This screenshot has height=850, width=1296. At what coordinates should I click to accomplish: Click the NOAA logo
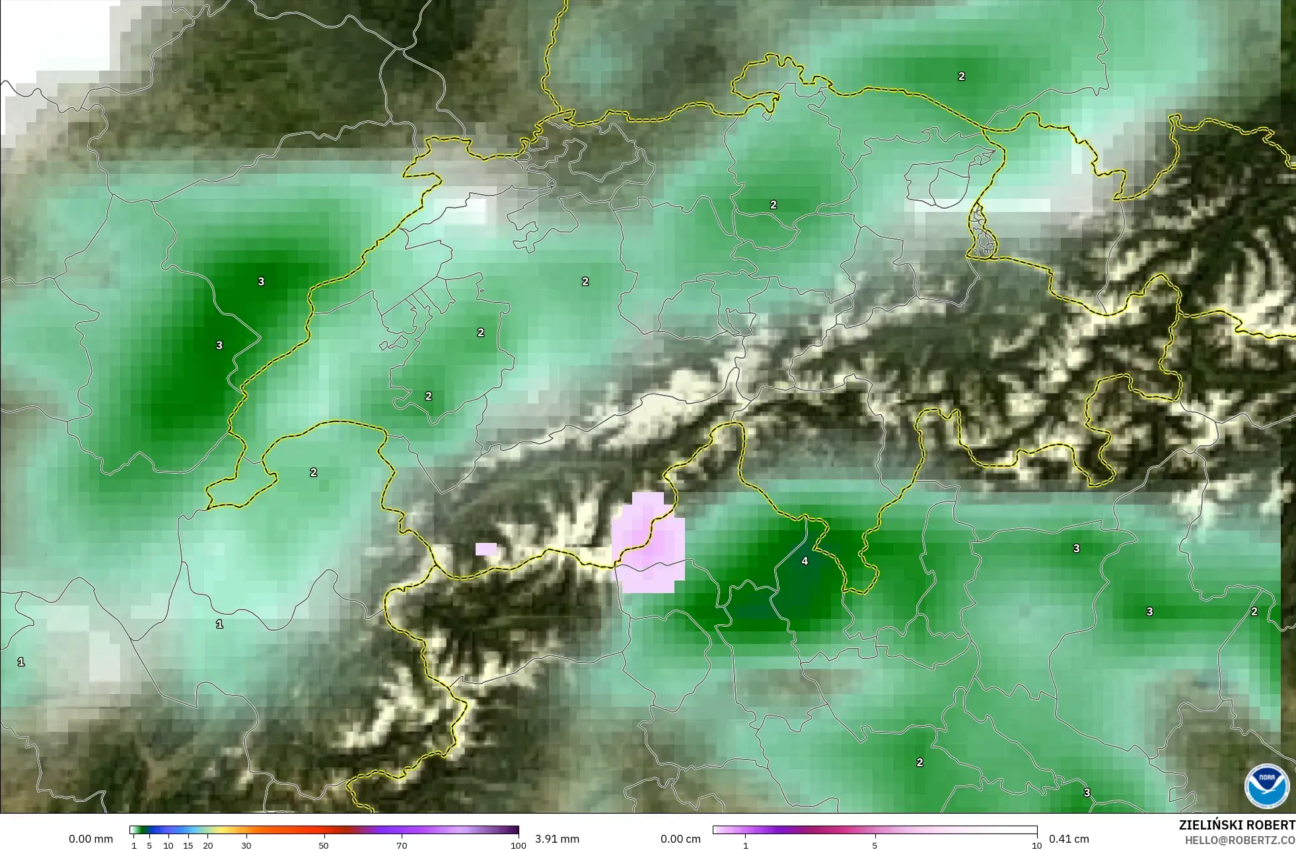point(1266,786)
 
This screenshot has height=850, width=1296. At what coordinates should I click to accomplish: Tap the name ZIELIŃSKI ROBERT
point(1237,825)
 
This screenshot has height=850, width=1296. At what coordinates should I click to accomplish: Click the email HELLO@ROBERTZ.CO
point(1239,840)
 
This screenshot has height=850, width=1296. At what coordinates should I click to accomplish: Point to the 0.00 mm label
point(90,839)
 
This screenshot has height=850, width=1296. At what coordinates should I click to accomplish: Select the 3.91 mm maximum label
point(557,839)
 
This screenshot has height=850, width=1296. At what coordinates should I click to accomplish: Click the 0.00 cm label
point(680,839)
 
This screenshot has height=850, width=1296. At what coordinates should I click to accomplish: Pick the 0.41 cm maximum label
point(1069,839)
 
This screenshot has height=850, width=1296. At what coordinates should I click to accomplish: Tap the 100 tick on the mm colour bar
point(519,845)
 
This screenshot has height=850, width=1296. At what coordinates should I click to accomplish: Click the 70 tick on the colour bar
point(402,845)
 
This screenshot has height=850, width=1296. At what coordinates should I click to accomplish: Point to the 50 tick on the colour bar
point(324,845)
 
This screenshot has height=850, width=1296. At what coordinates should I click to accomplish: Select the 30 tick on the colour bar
point(246,845)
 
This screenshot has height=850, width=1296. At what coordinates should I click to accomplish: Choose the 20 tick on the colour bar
point(208,845)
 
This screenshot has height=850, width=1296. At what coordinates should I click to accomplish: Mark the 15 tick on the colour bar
point(188,845)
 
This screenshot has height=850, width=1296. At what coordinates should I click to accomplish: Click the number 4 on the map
point(805,561)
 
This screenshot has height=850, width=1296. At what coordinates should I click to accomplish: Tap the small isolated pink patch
point(486,549)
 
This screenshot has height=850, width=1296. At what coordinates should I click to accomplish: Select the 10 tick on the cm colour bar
point(1036,845)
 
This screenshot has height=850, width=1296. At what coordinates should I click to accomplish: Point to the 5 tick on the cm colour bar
point(875,845)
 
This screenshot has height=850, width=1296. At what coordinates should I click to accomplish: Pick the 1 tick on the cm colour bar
point(746,845)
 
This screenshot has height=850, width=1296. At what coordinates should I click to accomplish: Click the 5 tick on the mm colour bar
point(149,845)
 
